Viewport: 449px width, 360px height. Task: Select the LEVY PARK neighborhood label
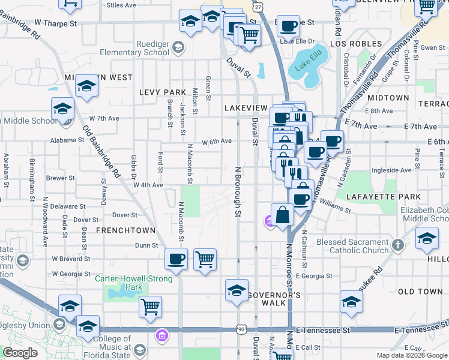(x=163, y=92)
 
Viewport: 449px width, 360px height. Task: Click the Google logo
(x=20, y=353)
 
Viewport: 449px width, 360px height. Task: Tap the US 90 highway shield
(x=241, y=330)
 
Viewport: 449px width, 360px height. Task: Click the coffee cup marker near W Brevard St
(x=176, y=259)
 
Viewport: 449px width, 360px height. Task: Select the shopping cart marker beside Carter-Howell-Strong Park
(x=150, y=307)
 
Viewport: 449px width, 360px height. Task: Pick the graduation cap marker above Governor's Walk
(x=237, y=290)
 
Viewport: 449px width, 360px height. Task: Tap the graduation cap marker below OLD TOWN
(x=351, y=301)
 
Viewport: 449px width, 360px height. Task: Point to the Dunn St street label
(x=146, y=245)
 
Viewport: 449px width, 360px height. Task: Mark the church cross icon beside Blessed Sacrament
(x=397, y=245)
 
